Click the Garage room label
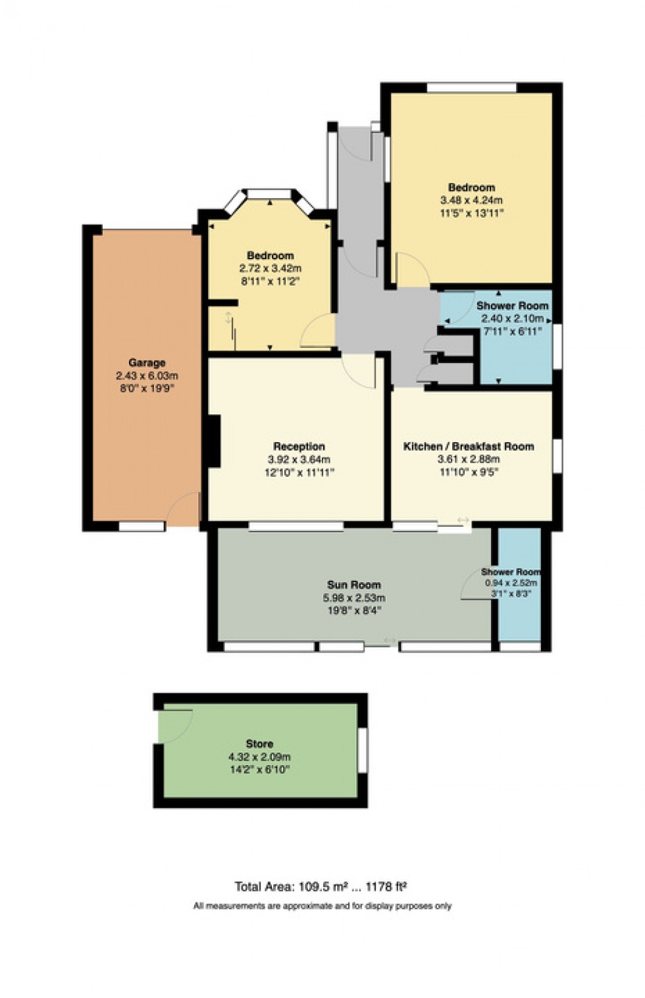tap(147, 362)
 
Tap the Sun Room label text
tap(354, 584)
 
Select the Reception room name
tap(299, 446)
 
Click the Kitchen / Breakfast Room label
tap(468, 446)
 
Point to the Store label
tap(259, 743)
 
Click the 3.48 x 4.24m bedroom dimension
tap(471, 200)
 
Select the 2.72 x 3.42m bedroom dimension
tap(270, 268)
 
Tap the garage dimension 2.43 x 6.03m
tap(147, 376)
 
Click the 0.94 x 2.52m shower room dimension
tap(511, 583)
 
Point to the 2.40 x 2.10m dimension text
tap(512, 318)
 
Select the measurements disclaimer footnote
tap(322, 906)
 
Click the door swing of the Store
tap(176, 726)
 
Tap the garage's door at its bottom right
tap(182, 509)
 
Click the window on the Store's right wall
tap(362, 750)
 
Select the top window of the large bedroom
tap(471, 87)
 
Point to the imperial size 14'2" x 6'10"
tap(259, 769)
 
